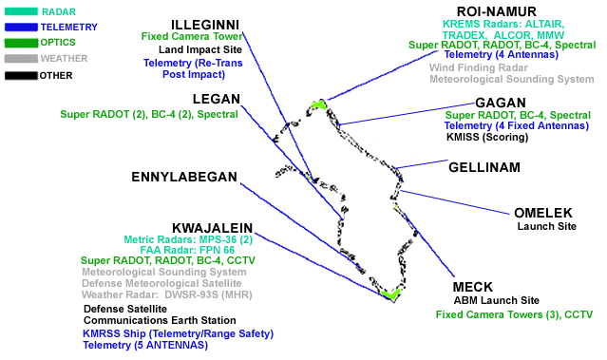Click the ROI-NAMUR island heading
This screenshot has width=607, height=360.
(496, 11)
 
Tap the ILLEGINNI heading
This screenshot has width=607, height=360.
(205, 25)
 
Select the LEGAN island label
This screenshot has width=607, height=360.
(217, 99)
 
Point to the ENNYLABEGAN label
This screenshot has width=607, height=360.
(184, 177)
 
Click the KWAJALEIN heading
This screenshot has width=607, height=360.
(213, 228)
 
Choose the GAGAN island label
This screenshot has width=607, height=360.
(501, 103)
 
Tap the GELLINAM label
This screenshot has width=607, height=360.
(484, 167)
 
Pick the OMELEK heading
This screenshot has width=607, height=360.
(543, 213)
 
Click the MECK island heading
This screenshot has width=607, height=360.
(473, 287)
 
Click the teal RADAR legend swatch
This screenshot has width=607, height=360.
(21, 11)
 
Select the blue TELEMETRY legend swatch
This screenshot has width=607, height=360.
(21, 28)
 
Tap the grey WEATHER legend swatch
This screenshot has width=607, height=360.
(21, 59)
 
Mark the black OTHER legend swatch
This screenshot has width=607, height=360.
(21, 75)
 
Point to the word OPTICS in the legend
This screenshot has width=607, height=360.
(58, 42)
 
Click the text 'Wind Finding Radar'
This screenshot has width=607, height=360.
(479, 67)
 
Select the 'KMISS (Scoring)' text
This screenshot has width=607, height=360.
(487, 137)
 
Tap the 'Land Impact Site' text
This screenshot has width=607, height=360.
(200, 49)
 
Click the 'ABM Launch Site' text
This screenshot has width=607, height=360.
(496, 300)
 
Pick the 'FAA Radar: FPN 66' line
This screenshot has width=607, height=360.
(187, 250)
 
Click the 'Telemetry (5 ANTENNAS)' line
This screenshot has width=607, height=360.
(145, 345)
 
